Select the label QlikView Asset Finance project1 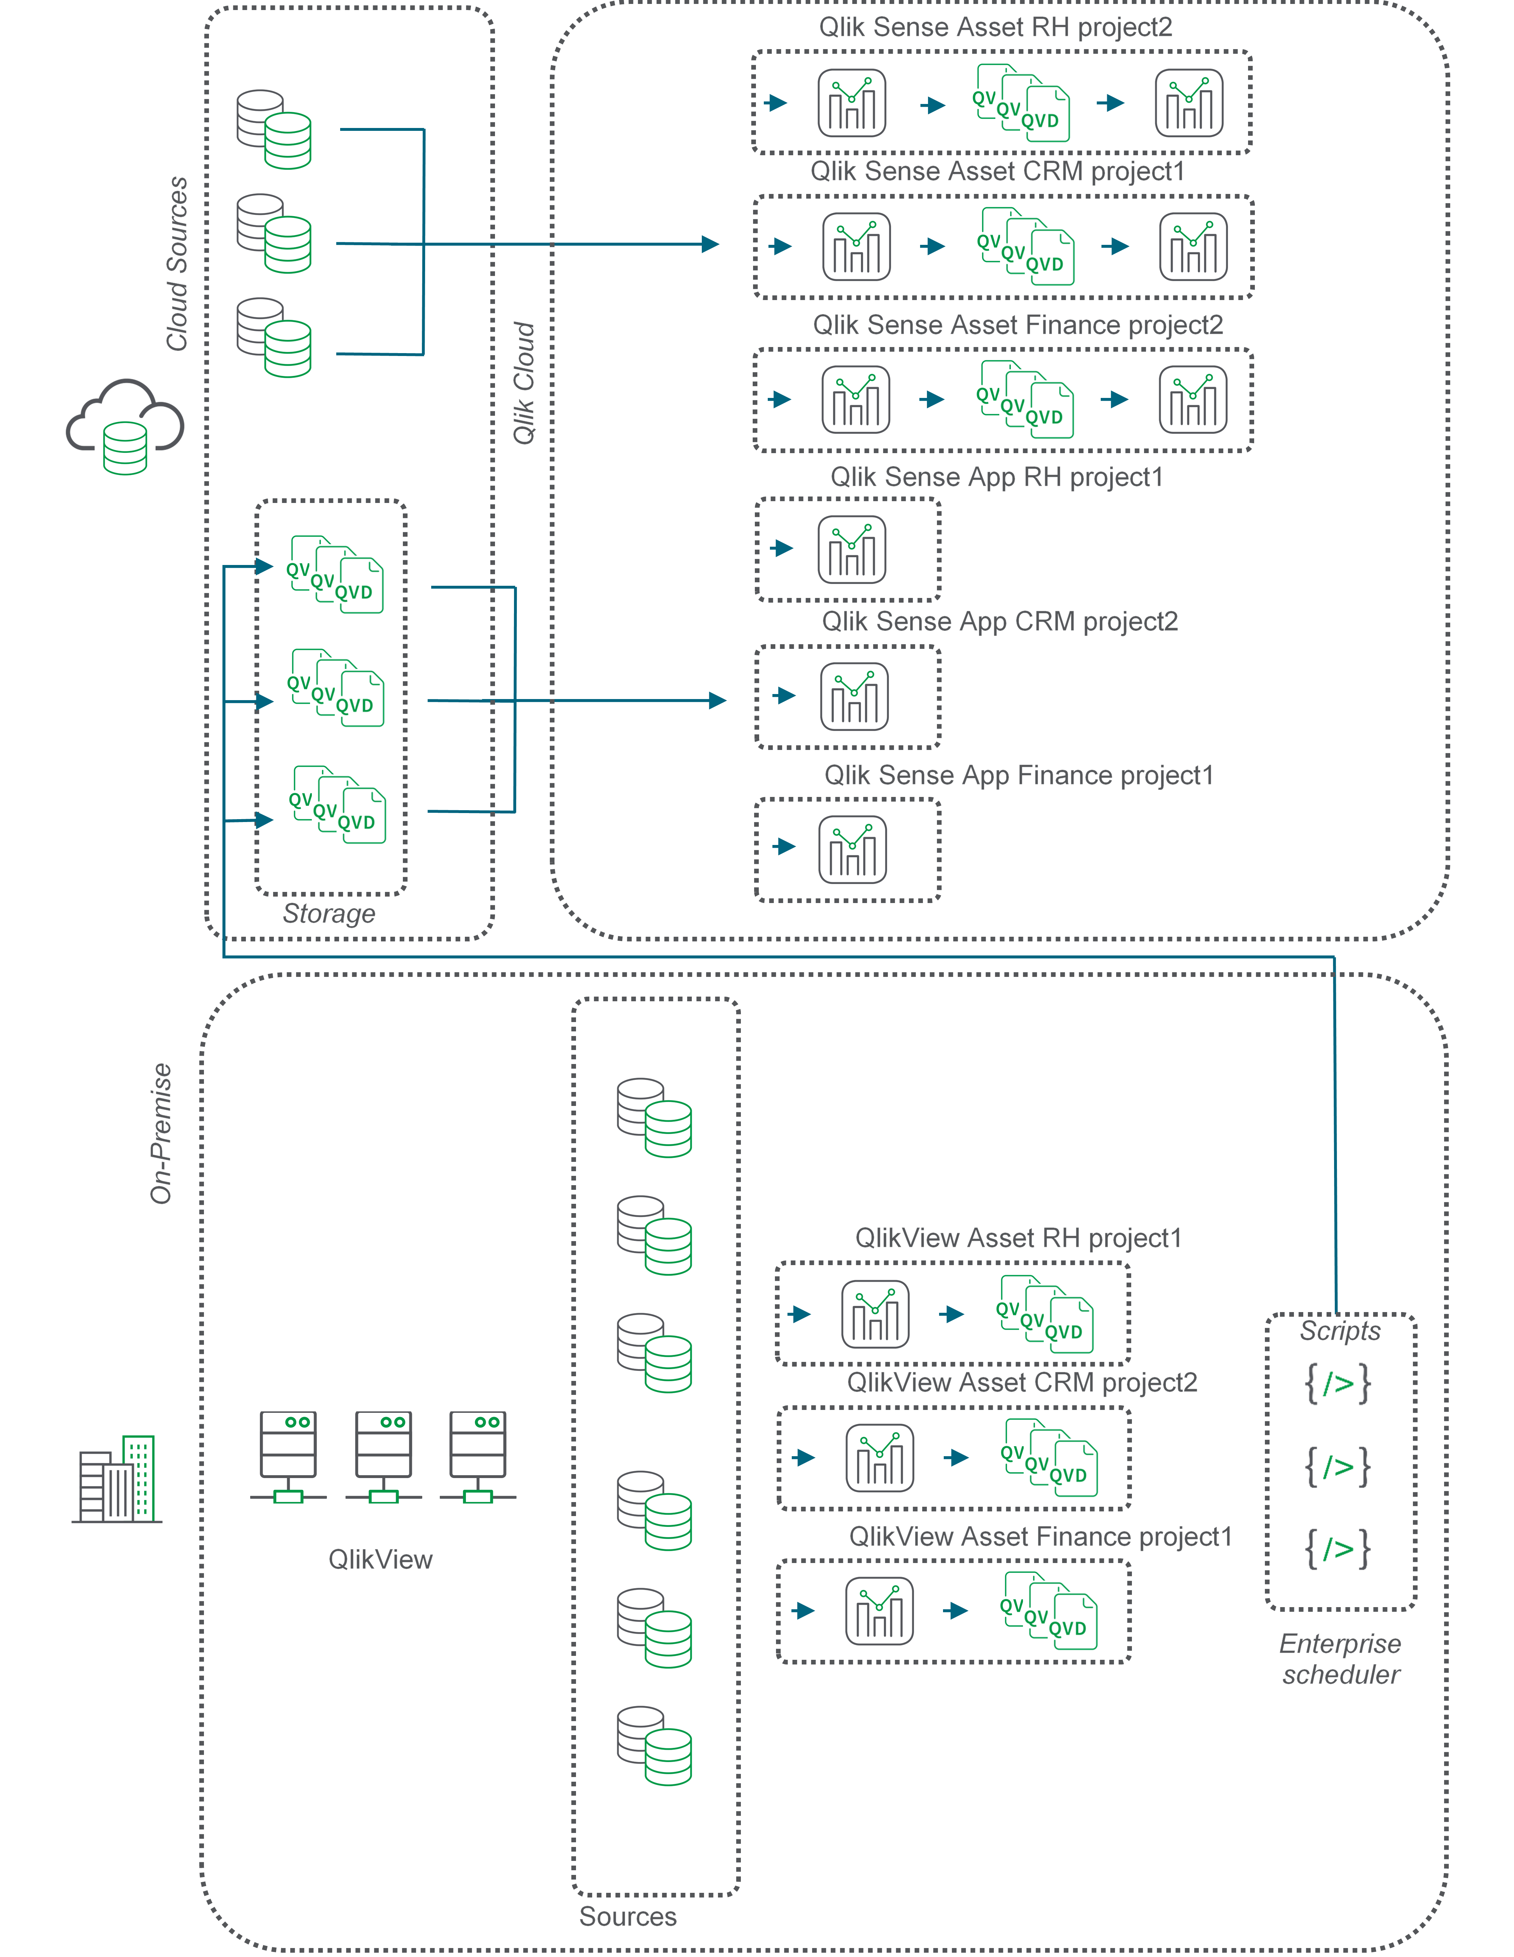tap(1040, 1537)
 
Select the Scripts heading tap(1340, 1331)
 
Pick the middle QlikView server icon tap(384, 1456)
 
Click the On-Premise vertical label tap(161, 1134)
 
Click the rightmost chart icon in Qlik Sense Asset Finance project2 tap(1193, 400)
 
